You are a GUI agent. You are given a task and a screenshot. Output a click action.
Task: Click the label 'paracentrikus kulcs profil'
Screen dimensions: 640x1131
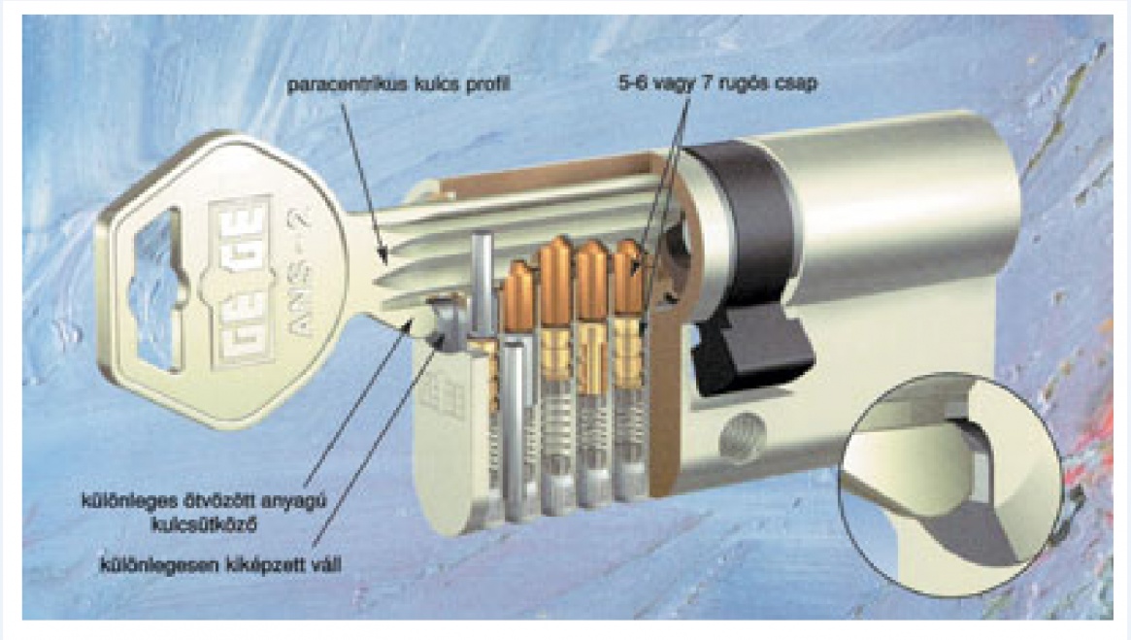click(x=398, y=85)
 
